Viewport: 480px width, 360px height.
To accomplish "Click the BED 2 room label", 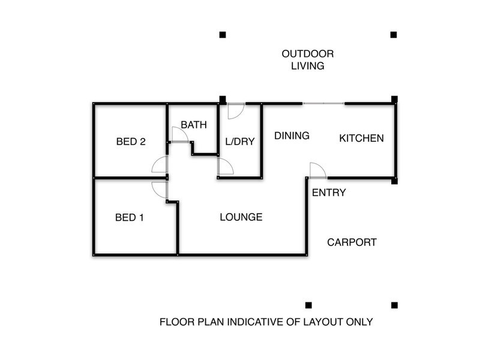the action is tap(131, 142).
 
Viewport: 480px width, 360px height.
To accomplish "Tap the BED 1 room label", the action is tap(129, 217).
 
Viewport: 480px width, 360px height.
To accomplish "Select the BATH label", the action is tap(194, 125).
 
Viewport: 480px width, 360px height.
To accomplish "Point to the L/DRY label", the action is tap(239, 142).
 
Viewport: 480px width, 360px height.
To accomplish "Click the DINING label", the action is tap(292, 136).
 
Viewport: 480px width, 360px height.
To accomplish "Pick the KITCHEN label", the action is tap(361, 138).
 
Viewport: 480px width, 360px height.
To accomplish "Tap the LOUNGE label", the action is tap(241, 217).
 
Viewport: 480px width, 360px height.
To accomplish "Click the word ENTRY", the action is tap(329, 193).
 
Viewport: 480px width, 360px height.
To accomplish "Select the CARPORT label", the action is tap(352, 242).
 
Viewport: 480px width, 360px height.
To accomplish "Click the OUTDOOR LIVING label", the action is tap(308, 59).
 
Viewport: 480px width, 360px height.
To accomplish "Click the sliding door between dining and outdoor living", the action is tap(323, 104).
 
